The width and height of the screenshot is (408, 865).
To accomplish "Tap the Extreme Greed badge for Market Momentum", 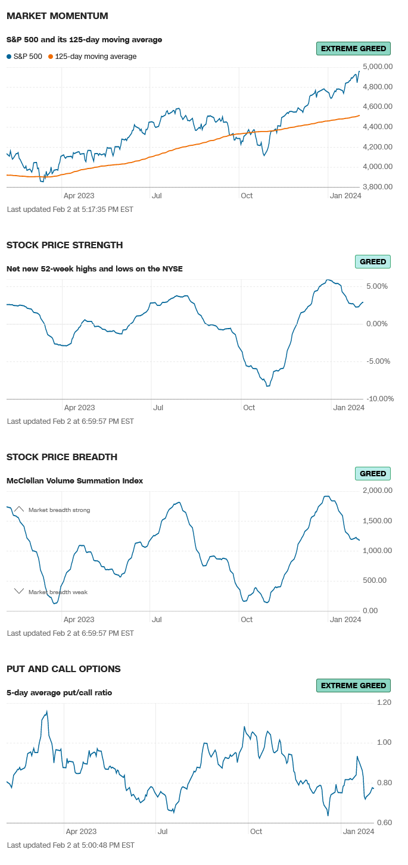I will click(x=353, y=49).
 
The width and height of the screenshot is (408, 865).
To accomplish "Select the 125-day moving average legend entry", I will click(x=95, y=57).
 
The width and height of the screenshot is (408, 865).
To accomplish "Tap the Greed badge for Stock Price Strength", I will click(x=373, y=261).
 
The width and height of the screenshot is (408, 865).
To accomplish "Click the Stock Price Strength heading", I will click(x=64, y=245).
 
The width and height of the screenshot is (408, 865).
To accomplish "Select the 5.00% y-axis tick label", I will click(x=377, y=286).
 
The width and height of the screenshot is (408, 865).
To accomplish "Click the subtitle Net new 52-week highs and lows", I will click(x=94, y=268).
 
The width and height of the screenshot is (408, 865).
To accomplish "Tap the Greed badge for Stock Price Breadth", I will click(x=373, y=474).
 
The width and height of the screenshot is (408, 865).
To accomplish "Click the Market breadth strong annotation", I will click(x=59, y=510).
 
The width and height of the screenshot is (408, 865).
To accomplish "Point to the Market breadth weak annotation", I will click(x=58, y=592).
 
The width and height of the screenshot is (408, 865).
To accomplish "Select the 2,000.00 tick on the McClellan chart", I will click(x=377, y=491).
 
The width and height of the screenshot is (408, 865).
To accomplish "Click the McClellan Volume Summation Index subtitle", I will click(x=74, y=480).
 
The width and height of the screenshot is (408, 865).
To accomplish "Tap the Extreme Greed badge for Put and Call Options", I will click(x=353, y=686).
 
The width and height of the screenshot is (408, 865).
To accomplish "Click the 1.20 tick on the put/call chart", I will click(x=384, y=702).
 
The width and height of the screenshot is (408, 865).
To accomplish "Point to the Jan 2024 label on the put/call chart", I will click(x=359, y=832).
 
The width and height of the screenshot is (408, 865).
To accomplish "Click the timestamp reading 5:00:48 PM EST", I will click(x=70, y=845).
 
